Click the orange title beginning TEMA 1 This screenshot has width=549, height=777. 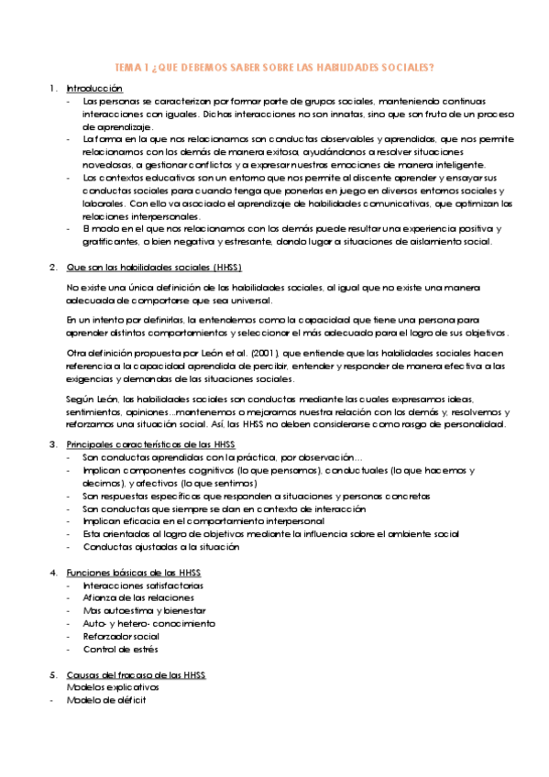pyautogui.click(x=274, y=68)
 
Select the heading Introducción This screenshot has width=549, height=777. pyautogui.click(x=94, y=88)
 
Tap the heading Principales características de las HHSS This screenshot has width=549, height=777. pyautogui.click(x=150, y=443)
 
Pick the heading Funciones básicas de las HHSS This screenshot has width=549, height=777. pyautogui.click(x=135, y=572)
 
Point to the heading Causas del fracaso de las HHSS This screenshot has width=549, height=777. pyautogui.click(x=137, y=674)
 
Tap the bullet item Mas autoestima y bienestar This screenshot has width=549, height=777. pyautogui.click(x=131, y=610)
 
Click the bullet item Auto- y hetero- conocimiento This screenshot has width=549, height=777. pyautogui.click(x=137, y=623)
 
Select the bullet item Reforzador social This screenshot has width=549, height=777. pyautogui.click(x=119, y=636)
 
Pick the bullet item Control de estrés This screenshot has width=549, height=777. pyautogui.click(x=119, y=649)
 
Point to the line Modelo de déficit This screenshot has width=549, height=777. pyautogui.click(x=105, y=700)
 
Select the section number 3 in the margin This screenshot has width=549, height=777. pyautogui.click(x=53, y=443)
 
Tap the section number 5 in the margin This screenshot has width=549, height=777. pyautogui.click(x=53, y=674)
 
